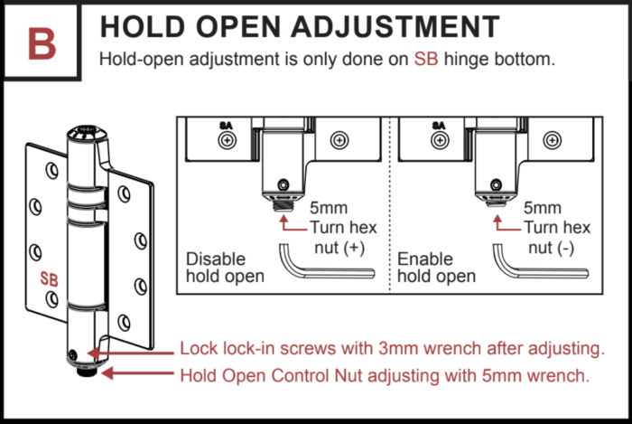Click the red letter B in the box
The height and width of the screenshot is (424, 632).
point(41,42)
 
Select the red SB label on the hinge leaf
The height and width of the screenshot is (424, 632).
point(49,279)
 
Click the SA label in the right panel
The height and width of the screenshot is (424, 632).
point(438,126)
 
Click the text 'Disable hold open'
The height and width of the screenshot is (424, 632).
point(225,267)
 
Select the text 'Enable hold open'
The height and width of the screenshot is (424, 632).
point(437,267)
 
